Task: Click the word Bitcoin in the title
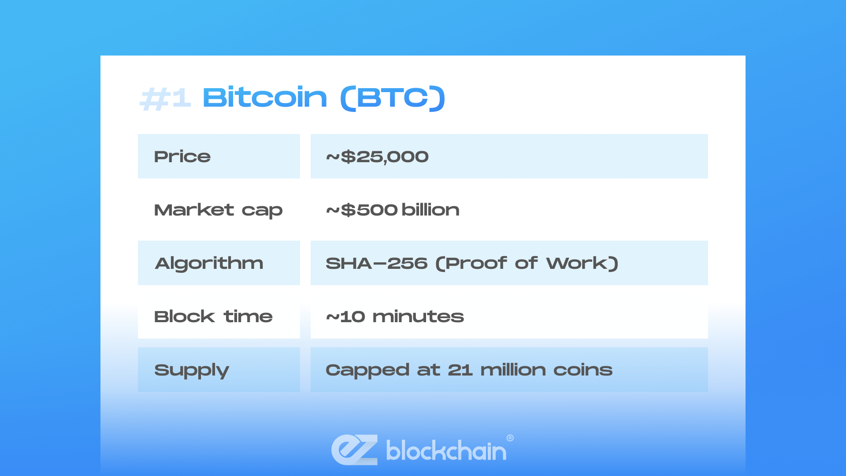[265, 97]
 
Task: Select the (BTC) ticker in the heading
[393, 98]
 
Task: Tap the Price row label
[182, 156]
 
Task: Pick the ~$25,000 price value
[377, 156]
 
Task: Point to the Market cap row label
[218, 210]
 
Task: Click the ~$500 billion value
[393, 210]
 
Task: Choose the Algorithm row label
[209, 263]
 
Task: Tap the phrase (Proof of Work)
[527, 263]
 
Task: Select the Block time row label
[213, 316]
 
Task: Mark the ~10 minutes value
[395, 316]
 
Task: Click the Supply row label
[192, 370]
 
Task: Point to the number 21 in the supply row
[460, 370]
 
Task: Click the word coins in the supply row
[583, 370]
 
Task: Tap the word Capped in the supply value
[367, 370]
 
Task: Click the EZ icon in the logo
[355, 450]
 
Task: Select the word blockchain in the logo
[446, 450]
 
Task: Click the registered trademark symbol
[510, 438]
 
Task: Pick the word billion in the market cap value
[430, 210]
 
